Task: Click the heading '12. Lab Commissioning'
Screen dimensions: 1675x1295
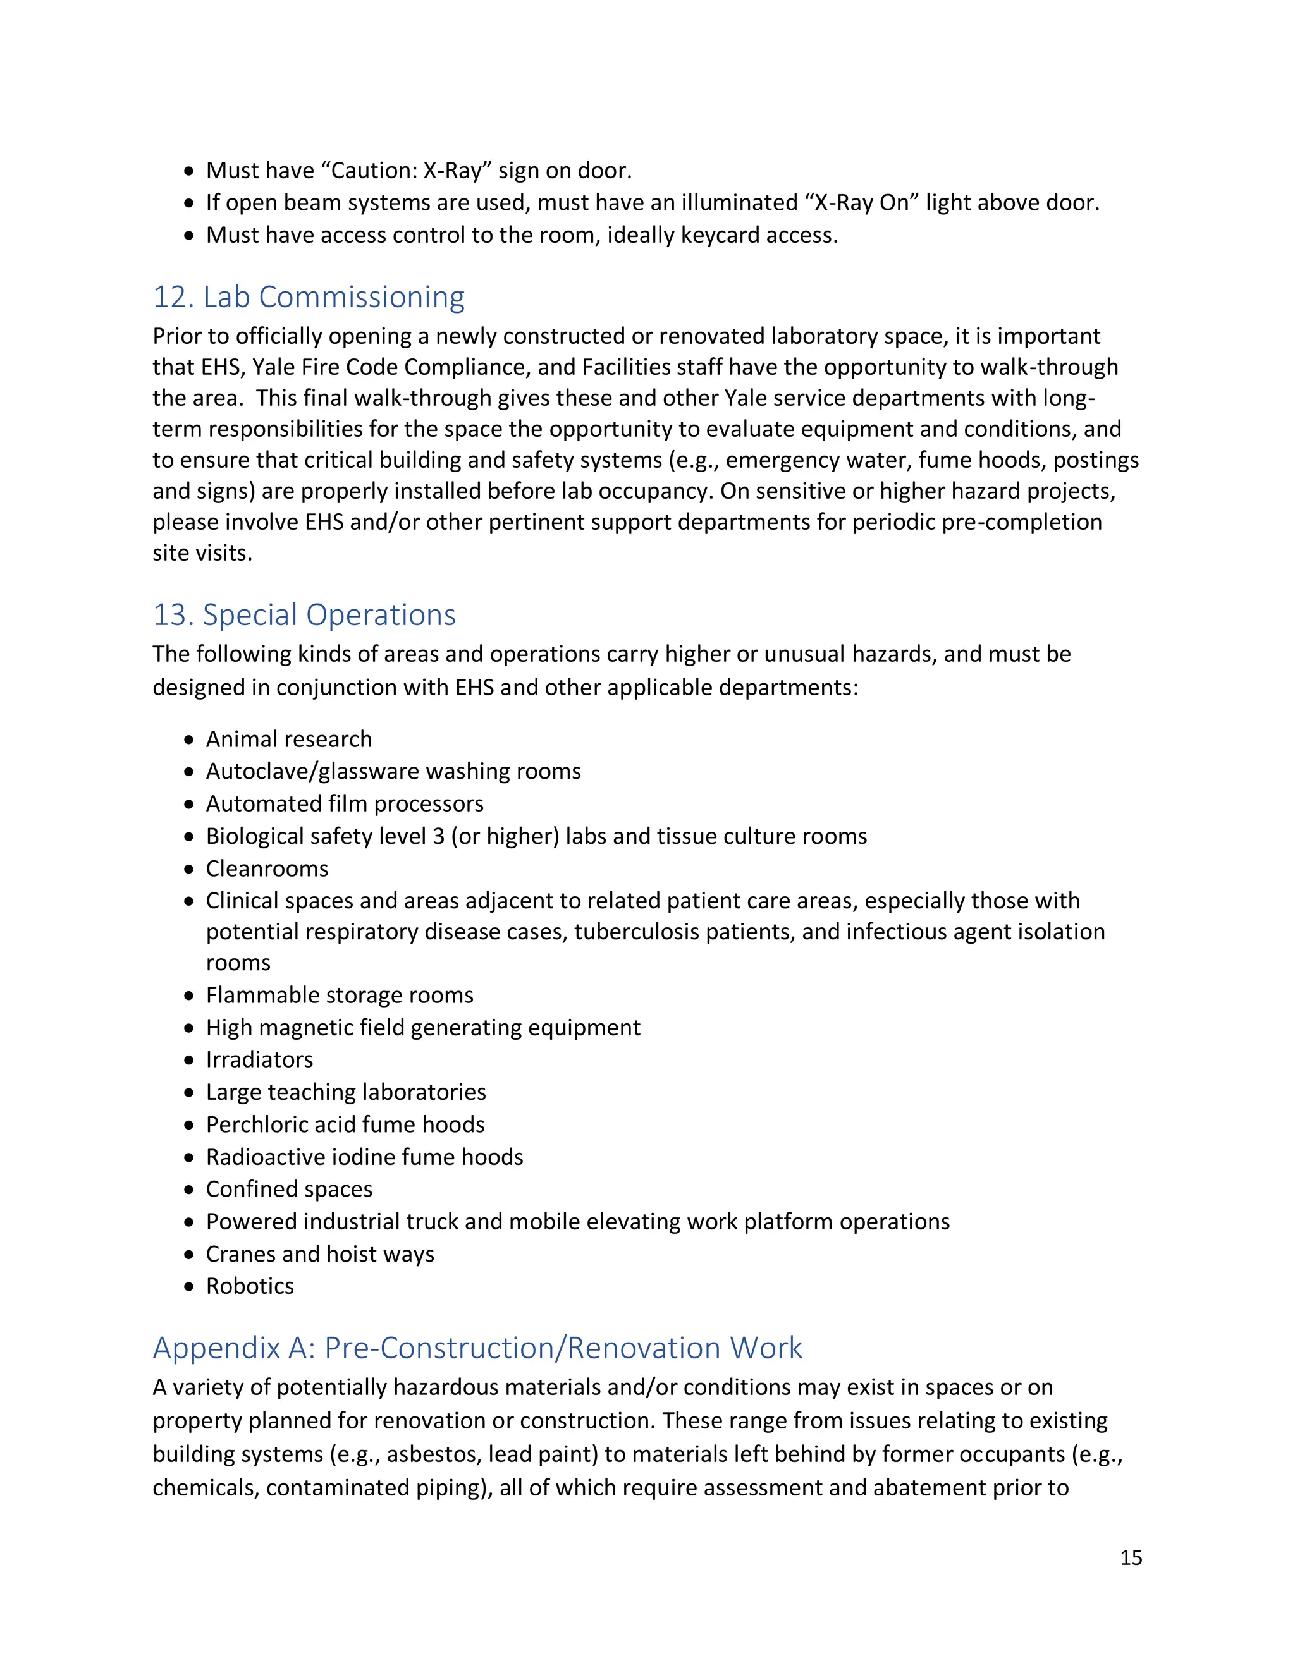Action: pos(309,297)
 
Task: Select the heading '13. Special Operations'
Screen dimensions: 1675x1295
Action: pos(304,614)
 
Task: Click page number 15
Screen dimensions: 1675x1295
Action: pos(1131,1557)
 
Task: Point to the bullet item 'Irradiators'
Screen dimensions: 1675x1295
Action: pos(259,1059)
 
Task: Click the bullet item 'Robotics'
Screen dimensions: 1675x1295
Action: pos(249,1286)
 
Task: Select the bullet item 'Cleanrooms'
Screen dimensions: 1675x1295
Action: pos(267,868)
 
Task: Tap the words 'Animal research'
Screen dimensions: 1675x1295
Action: pos(288,738)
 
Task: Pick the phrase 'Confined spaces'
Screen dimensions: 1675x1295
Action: pos(288,1189)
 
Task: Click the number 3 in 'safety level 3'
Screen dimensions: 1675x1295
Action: pos(438,836)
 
